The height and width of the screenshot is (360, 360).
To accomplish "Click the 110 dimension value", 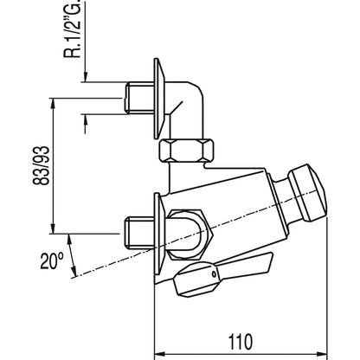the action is tap(241, 342).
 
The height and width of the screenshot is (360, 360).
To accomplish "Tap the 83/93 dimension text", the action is tap(41, 165).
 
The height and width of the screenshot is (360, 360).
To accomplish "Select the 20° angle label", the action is tap(52, 260).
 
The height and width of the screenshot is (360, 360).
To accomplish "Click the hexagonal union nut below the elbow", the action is tap(186, 151).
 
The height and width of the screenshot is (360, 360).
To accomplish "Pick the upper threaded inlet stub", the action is tap(139, 97).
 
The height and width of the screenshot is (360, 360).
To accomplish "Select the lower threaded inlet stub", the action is tap(138, 233).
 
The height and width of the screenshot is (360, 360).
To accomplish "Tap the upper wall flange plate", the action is tap(159, 99).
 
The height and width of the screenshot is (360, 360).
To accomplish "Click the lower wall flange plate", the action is tap(159, 234).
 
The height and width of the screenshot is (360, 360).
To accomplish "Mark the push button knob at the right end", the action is tap(307, 193).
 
